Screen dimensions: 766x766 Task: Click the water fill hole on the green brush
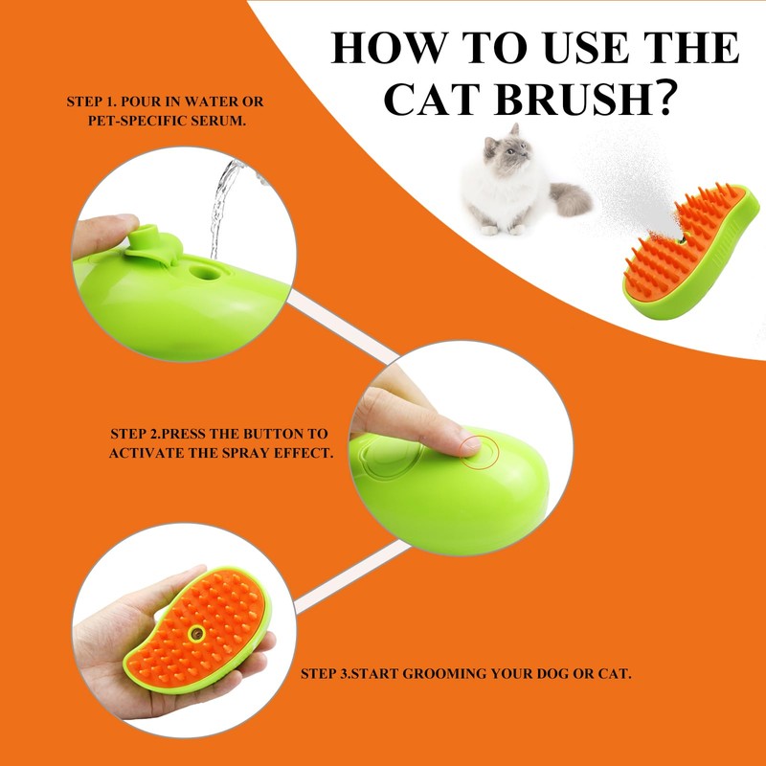click(x=204, y=272)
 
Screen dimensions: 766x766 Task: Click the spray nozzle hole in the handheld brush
click(x=196, y=633)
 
